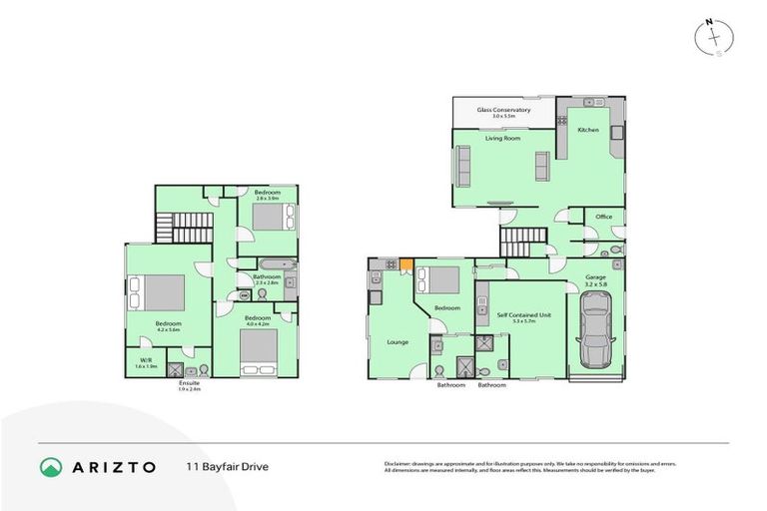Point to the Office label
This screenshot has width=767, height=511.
click(x=603, y=217)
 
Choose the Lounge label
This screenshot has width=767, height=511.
click(x=397, y=342)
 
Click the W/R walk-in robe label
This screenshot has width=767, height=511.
click(x=146, y=361)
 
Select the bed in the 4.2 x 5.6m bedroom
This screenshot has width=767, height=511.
click(x=161, y=292)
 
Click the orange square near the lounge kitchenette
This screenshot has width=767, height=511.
click(x=406, y=264)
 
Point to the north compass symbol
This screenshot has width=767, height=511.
click(x=715, y=38)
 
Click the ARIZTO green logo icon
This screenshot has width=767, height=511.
click(x=52, y=467)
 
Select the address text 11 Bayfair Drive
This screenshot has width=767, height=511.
click(x=227, y=466)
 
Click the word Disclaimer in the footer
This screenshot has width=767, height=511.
click(x=400, y=464)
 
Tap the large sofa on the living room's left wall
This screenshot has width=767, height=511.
click(x=462, y=167)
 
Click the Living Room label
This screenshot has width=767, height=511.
click(x=502, y=139)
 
